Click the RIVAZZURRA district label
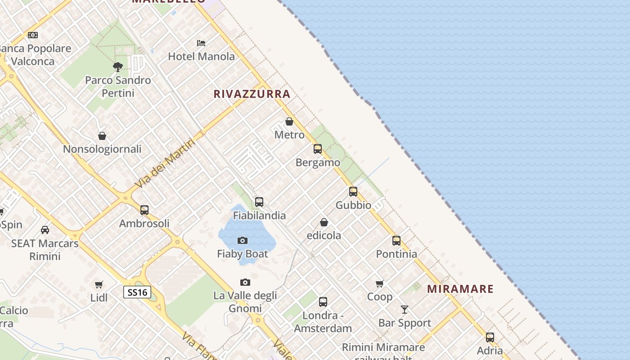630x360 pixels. pyautogui.click(x=252, y=94)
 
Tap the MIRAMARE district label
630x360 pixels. pyautogui.click(x=460, y=289)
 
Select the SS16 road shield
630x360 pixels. pyautogui.click(x=137, y=292)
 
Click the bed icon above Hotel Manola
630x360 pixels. pyautogui.click(x=201, y=43)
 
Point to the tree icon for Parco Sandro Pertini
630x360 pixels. pyautogui.click(x=118, y=67)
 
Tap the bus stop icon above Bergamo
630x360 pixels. pyautogui.click(x=318, y=149)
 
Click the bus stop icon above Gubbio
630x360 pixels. pyautogui.click(x=353, y=192)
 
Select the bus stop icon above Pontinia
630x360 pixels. pyautogui.click(x=396, y=241)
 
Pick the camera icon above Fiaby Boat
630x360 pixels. pyautogui.click(x=243, y=241)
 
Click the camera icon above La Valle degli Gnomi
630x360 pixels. pyautogui.click(x=245, y=283)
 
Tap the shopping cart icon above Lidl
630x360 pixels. pyautogui.click(x=99, y=284)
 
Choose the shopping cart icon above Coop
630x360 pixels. pyautogui.click(x=380, y=283)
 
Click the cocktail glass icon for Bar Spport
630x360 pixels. pyautogui.click(x=405, y=310)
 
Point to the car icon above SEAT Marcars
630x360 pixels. pyautogui.click(x=45, y=230)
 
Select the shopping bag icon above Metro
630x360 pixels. pyautogui.click(x=289, y=121)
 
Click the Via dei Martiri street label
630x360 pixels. pyautogui.click(x=165, y=163)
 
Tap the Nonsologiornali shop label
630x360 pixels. pyautogui.click(x=102, y=149)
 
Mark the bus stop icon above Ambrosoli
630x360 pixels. pyautogui.click(x=144, y=210)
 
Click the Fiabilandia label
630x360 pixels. pyautogui.click(x=259, y=216)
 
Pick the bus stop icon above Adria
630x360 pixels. pyautogui.click(x=490, y=337)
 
